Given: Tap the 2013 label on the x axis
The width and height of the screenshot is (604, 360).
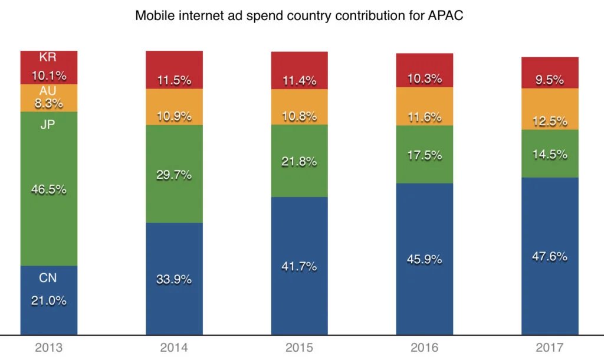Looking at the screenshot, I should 48,348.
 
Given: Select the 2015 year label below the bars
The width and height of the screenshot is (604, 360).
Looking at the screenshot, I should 299,348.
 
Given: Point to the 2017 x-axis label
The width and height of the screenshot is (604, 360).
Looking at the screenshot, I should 550,348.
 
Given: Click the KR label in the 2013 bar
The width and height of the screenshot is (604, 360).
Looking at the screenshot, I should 48,58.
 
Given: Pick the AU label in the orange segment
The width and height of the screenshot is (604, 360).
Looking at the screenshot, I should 48,91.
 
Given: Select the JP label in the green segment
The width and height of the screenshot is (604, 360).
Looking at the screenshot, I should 48,125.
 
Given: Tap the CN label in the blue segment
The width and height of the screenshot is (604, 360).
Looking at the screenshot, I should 48,278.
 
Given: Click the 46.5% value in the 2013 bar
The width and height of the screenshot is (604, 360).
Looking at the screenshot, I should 48,190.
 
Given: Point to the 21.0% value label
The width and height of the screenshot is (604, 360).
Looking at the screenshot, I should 48,300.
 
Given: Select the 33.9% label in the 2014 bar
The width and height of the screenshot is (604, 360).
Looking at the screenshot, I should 174,280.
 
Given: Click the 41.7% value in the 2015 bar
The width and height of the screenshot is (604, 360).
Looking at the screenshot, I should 299,266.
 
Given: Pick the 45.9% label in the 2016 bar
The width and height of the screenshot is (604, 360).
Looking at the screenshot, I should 425,258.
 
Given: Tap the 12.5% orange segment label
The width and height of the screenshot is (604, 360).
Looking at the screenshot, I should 550,122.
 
